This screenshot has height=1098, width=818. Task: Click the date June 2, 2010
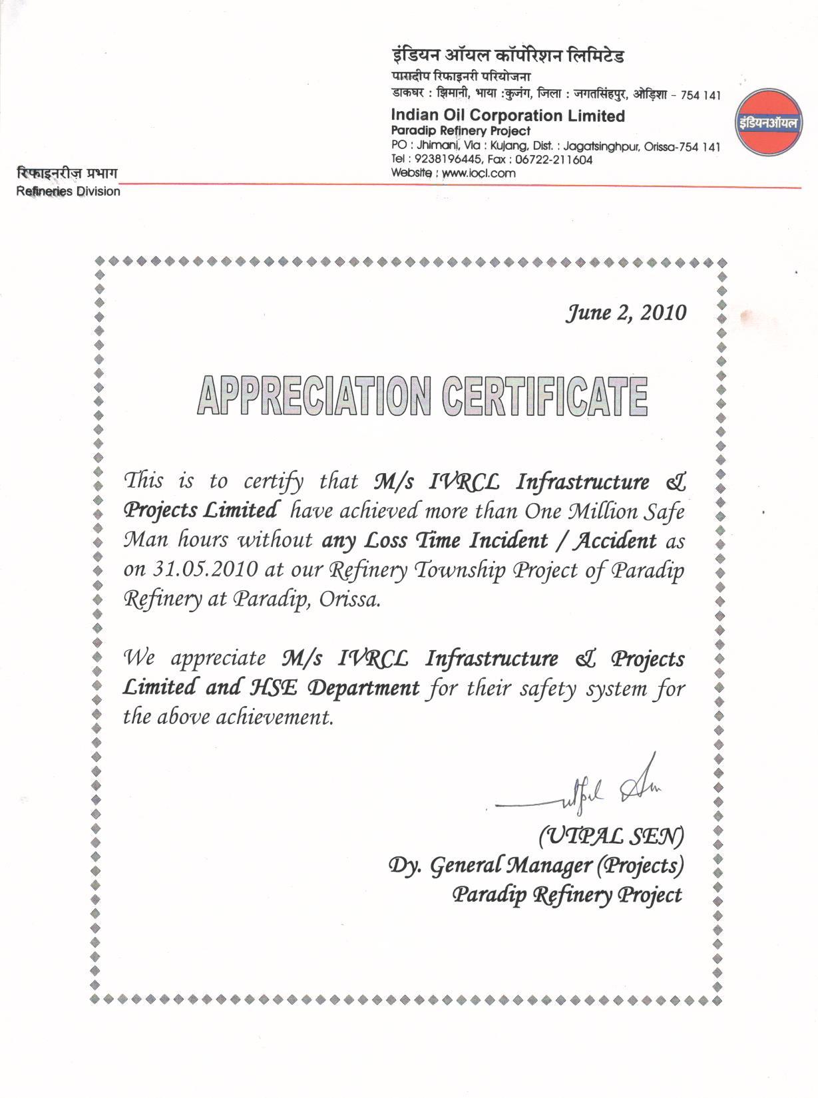tap(625, 313)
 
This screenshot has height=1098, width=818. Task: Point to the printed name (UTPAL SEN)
tap(610, 835)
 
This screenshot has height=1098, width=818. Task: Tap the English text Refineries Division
tap(69, 192)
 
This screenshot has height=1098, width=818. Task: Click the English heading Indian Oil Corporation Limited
tap(508, 116)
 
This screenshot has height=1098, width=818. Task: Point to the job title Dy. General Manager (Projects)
tap(536, 865)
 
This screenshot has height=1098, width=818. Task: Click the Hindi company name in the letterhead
tap(507, 56)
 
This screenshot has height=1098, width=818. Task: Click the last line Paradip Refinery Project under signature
tap(567, 895)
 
